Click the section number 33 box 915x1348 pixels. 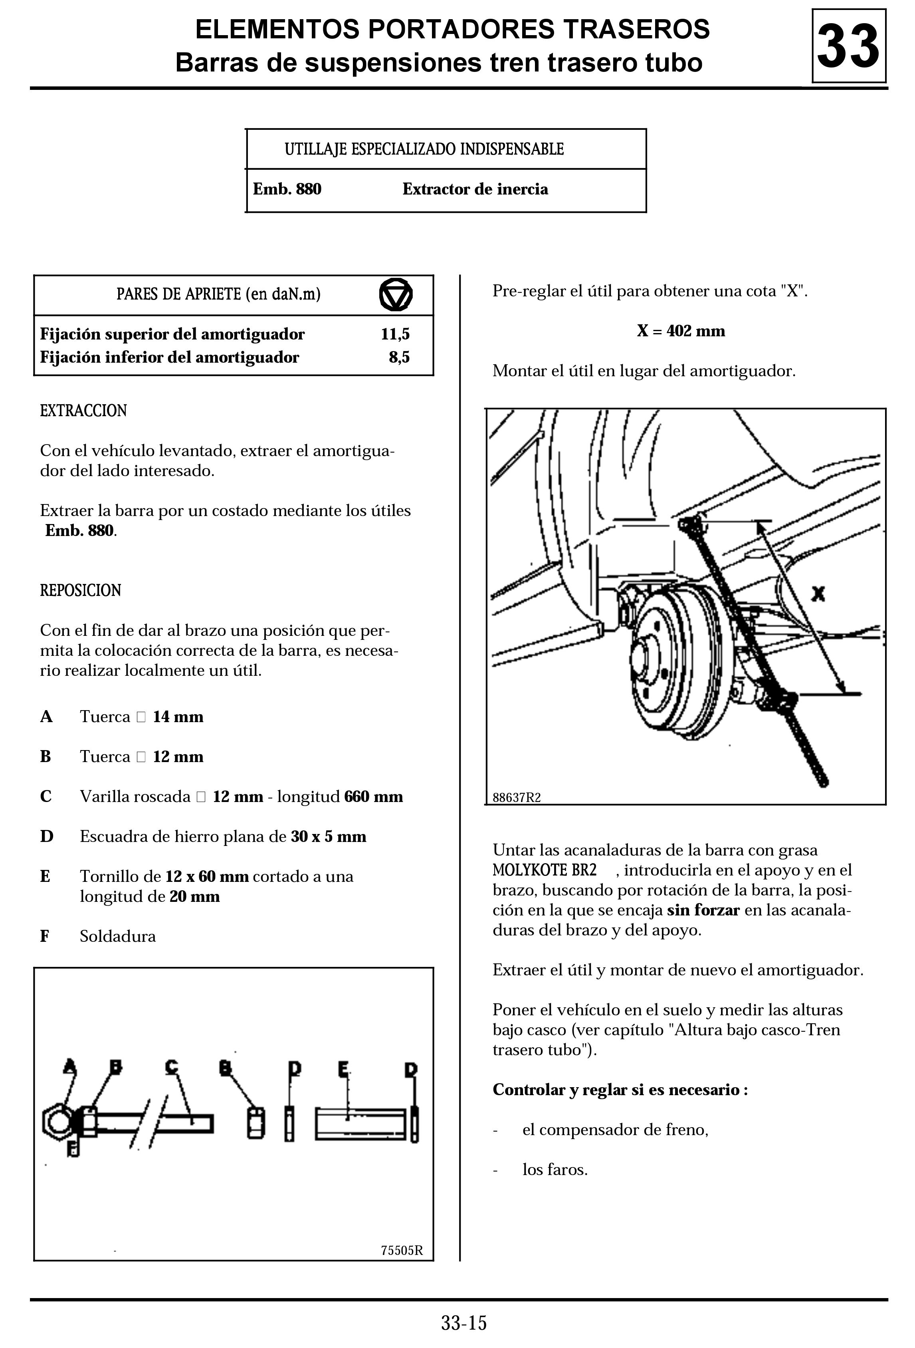(848, 46)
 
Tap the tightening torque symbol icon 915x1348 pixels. (396, 295)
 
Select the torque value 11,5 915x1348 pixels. (395, 334)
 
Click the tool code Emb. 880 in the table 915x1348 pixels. (287, 189)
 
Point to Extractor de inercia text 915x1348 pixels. (475, 189)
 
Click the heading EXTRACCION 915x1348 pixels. (83, 411)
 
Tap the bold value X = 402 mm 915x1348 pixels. (681, 331)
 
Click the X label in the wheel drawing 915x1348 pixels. (818, 594)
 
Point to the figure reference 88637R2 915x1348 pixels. (516, 798)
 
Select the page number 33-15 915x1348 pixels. (464, 1323)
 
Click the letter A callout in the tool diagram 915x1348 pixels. (69, 1066)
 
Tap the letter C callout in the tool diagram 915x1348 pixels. (172, 1066)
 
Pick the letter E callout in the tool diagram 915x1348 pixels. (344, 1067)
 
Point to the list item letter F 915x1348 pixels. (45, 936)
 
